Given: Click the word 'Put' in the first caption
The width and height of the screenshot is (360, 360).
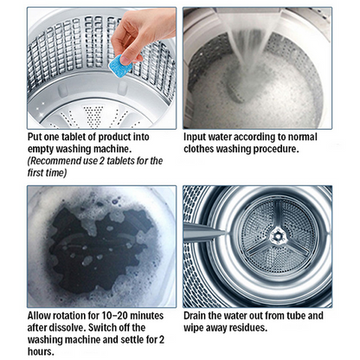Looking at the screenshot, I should pyautogui.click(x=37, y=137).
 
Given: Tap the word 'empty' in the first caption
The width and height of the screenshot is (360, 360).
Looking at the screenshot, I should pyautogui.click(x=47, y=148).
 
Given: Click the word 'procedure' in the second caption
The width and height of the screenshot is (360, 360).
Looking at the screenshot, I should pyautogui.click(x=279, y=148).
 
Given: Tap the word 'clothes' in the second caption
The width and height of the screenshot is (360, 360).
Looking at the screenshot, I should pyautogui.click(x=206, y=148).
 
